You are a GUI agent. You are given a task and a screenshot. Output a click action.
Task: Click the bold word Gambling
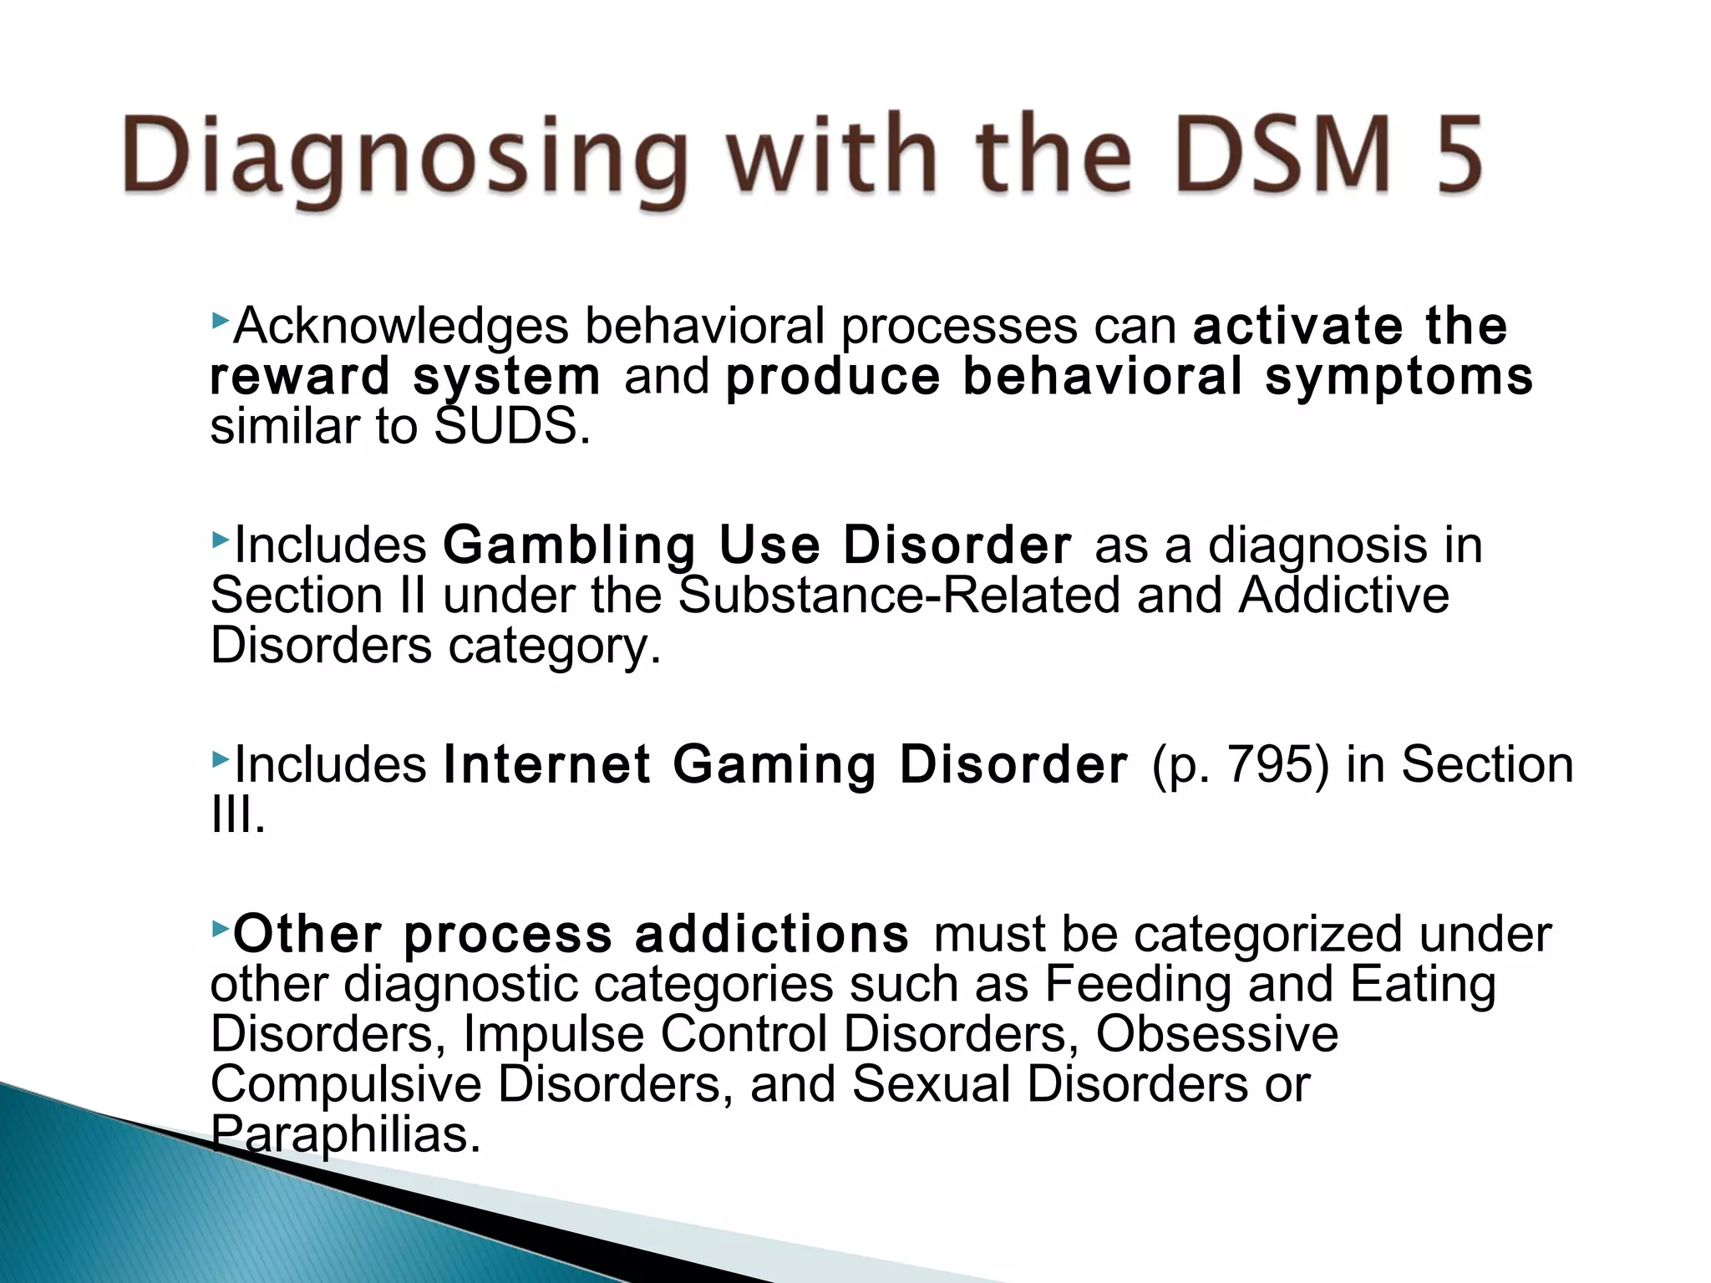pos(569,545)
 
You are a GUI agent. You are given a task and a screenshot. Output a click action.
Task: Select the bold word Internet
pos(546,765)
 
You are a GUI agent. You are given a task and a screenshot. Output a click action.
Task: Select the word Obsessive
pos(1216,1034)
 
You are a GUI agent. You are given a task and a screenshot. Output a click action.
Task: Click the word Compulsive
pos(346,1084)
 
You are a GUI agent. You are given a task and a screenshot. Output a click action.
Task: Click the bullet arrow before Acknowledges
pos(220,319)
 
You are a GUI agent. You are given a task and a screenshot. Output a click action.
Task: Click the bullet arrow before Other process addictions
pos(220,927)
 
